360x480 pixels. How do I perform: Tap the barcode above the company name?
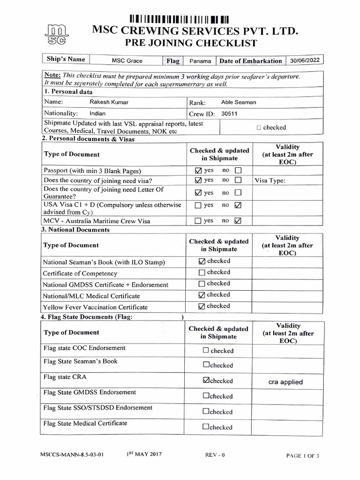point(179,20)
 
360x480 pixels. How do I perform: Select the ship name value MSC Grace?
point(127,61)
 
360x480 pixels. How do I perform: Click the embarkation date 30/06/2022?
point(305,60)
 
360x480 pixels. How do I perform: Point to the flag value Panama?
point(200,61)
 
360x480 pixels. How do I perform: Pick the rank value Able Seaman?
point(239,102)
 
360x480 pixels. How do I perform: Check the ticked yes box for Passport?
point(198,170)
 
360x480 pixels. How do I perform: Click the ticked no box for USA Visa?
point(238,205)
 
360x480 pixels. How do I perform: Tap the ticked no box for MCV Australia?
point(238,220)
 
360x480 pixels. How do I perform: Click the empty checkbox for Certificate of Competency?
point(202,273)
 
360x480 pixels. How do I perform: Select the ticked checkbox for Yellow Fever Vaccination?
point(202,307)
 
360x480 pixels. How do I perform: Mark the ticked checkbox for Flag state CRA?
point(206,381)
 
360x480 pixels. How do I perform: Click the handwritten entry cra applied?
point(285,382)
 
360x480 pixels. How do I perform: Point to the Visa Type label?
point(270,180)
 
